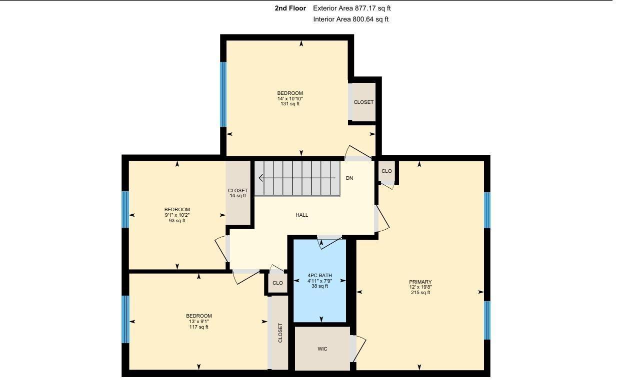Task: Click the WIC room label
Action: pyautogui.click(x=322, y=349)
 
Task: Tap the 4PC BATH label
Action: pyautogui.click(x=320, y=275)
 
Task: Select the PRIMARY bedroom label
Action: pyautogui.click(x=420, y=282)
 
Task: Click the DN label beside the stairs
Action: pyautogui.click(x=349, y=178)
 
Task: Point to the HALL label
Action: pyautogui.click(x=301, y=215)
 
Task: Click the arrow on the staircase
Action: pyautogui.click(x=297, y=178)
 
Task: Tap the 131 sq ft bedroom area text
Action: pyautogui.click(x=290, y=104)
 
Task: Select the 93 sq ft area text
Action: pyautogui.click(x=177, y=221)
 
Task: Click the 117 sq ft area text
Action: pyautogui.click(x=198, y=327)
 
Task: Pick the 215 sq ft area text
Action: pyautogui.click(x=420, y=292)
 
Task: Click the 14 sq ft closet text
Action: pyautogui.click(x=238, y=196)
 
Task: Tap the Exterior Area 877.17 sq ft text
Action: pyautogui.click(x=352, y=8)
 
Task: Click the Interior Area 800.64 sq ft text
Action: pyautogui.click(x=350, y=19)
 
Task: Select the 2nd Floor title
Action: pyautogui.click(x=290, y=8)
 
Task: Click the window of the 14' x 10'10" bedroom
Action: pyautogui.click(x=223, y=94)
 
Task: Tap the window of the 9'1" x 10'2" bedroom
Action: pyautogui.click(x=125, y=209)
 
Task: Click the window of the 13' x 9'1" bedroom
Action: pyautogui.click(x=125, y=319)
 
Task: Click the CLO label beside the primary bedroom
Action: pyautogui.click(x=386, y=171)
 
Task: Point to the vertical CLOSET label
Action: pyautogui.click(x=280, y=333)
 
